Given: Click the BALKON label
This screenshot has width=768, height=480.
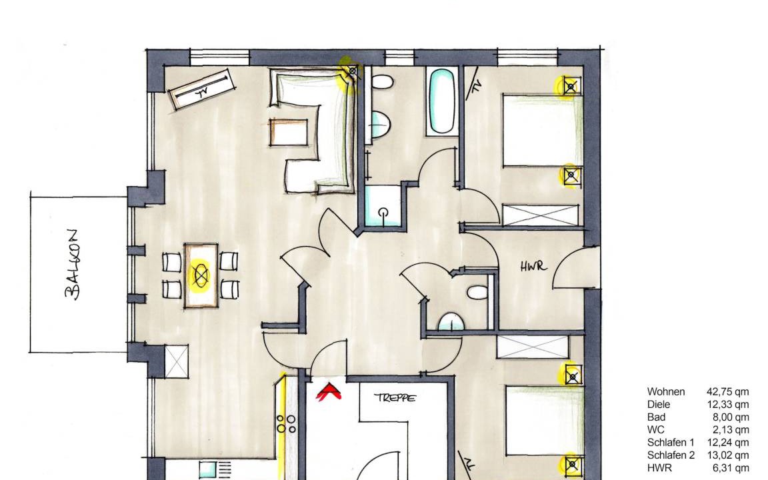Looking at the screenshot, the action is (x=73, y=264).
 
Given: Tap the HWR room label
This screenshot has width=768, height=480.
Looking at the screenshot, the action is (x=533, y=267).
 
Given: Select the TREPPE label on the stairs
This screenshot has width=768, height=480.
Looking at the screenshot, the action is (x=395, y=398).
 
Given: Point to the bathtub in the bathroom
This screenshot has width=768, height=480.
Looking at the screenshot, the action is (x=442, y=101).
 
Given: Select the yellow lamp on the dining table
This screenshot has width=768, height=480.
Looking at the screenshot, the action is (x=201, y=276).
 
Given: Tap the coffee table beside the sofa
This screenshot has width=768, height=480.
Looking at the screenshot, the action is (x=289, y=132).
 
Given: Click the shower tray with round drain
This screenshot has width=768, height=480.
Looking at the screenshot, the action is (x=383, y=206).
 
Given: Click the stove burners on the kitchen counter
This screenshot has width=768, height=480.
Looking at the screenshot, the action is (x=286, y=424).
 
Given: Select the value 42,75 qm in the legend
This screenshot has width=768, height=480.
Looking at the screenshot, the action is (x=727, y=392).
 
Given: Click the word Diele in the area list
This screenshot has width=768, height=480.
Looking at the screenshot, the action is (x=658, y=405).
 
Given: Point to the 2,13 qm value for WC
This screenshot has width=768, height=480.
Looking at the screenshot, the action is (x=730, y=430).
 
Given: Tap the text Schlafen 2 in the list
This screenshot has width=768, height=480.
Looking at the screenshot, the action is (x=671, y=455).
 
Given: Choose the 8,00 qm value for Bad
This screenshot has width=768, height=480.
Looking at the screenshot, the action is (x=730, y=417).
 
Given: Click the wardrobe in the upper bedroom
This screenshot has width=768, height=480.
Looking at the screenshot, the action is (x=541, y=215).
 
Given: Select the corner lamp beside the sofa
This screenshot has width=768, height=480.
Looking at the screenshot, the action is (x=351, y=73).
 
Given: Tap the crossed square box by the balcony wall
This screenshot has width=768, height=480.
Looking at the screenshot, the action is (x=176, y=361).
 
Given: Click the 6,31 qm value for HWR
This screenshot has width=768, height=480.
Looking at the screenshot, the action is (x=730, y=468).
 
